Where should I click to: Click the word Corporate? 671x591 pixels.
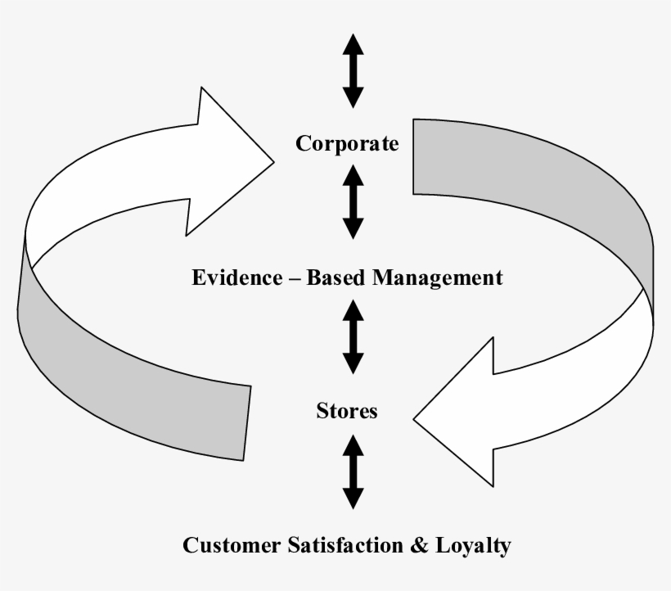(347, 144)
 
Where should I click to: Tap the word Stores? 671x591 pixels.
(347, 410)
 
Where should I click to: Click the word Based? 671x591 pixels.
(335, 277)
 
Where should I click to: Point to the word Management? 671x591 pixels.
(437, 277)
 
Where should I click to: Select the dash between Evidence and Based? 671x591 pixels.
(291, 278)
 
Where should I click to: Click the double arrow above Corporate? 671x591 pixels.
(353, 70)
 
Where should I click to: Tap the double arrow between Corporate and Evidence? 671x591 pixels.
(353, 201)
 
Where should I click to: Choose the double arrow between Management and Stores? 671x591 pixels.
(353, 336)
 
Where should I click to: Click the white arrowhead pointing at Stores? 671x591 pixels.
(458, 409)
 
